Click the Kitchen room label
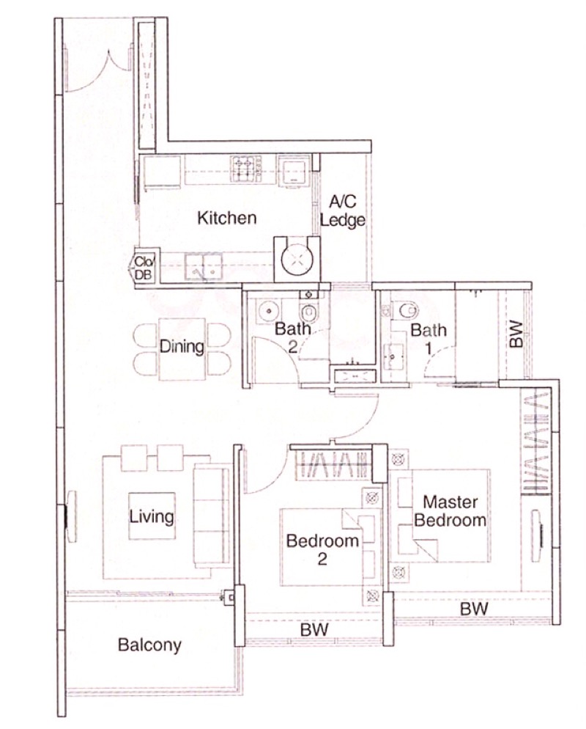226,218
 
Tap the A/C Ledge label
343,210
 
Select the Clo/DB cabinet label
144,268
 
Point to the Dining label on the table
182,346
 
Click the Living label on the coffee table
152,516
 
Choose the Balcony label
149,645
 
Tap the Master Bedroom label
450,511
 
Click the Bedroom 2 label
322,549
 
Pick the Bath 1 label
428,339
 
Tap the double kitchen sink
204,267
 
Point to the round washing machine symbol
297,259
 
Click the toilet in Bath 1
404,310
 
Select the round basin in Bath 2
268,311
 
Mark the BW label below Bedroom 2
314,629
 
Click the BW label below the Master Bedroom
474,609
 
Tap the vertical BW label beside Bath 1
516,334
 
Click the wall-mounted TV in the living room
70,516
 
